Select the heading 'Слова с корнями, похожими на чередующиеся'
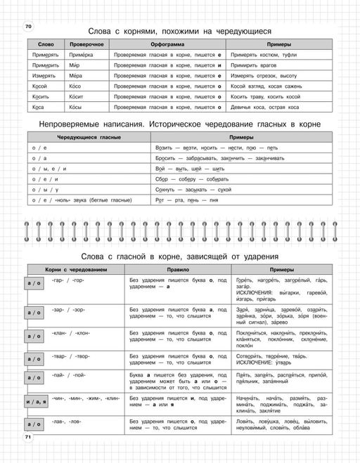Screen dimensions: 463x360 click(179, 31)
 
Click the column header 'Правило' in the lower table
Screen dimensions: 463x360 click(173, 269)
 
